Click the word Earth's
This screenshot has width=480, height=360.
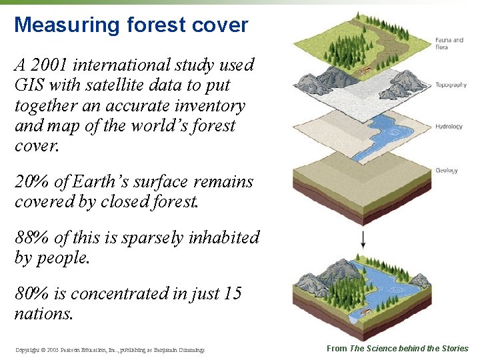pos(90,182)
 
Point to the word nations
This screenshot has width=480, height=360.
pos(43,313)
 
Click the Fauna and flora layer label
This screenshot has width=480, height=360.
pos(449,43)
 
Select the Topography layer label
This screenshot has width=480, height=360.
pos(451,85)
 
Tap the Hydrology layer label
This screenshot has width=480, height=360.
pos(449,127)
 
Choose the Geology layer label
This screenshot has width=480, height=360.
pos(446,171)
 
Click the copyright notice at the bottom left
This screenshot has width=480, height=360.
pos(109,349)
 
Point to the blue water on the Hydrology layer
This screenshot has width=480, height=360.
pos(373,137)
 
